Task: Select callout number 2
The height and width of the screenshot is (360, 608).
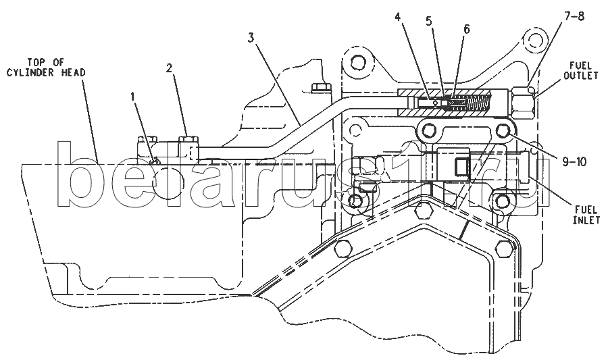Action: [169, 69]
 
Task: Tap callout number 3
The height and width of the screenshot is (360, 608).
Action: [251, 38]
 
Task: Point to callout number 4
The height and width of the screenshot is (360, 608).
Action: [399, 17]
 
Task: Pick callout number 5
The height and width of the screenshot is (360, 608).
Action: [428, 21]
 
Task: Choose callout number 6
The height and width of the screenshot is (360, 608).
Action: [466, 29]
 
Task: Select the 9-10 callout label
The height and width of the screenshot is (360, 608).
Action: [575, 162]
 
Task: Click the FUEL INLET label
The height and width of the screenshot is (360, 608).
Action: [586, 215]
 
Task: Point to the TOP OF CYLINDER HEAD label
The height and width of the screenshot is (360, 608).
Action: [46, 68]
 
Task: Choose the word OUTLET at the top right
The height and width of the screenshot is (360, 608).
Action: [581, 75]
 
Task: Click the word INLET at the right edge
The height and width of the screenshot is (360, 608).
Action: [586, 220]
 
